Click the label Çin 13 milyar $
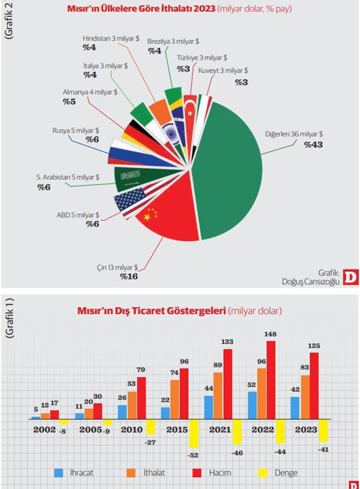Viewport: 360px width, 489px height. pos(118,267)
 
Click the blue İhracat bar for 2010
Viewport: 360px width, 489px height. pos(122,411)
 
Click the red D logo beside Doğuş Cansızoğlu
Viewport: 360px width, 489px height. pos(351,277)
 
